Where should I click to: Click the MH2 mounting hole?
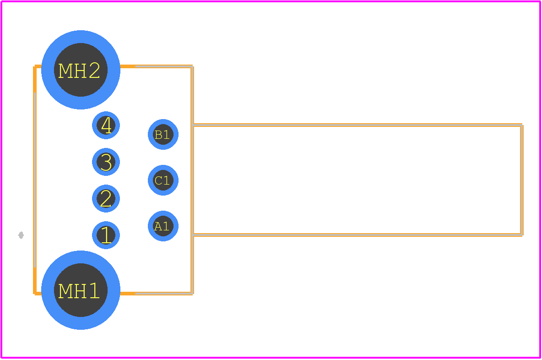[81, 70]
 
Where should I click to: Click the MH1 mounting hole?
[81, 290]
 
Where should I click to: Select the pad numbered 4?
[106, 125]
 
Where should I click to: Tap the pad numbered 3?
[106, 162]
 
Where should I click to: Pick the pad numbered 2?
[106, 198]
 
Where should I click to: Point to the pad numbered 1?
[106, 235]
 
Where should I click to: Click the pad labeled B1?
[163, 135]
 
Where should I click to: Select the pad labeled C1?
[163, 180]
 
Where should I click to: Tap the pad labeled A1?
[163, 226]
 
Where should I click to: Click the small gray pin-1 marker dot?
[21, 235]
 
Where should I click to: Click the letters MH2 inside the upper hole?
[79, 71]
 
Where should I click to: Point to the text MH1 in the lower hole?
[79, 291]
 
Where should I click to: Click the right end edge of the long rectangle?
[521, 180]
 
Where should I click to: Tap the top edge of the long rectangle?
[358, 125]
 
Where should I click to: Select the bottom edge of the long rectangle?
[358, 235]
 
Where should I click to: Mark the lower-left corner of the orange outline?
[35, 293]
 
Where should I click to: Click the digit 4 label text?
[107, 125]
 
